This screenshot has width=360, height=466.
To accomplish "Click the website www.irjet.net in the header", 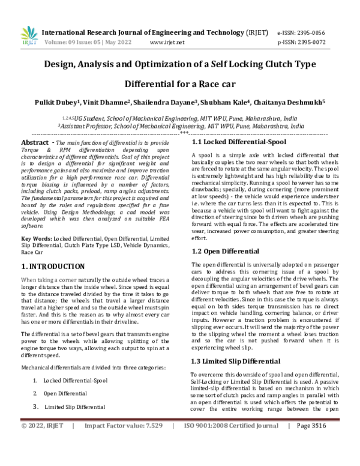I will click(x=166, y=43).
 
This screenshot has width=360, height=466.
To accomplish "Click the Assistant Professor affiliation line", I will click(x=180, y=127).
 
